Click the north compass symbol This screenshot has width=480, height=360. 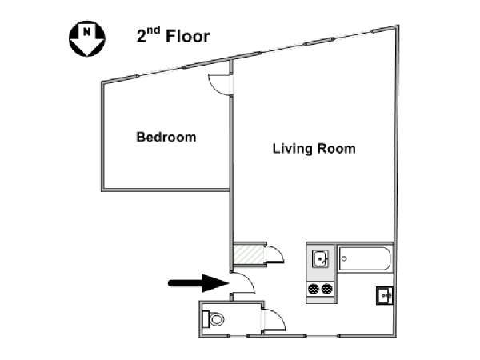point(87,38)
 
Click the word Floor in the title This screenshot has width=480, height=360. point(188,36)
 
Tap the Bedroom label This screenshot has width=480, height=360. point(166,137)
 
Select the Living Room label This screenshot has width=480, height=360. point(314,149)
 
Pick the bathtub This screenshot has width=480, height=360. point(365,258)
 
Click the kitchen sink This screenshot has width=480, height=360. point(320,258)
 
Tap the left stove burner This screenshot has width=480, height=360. point(314,289)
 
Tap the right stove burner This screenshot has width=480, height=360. point(327,289)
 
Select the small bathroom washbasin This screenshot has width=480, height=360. point(385,295)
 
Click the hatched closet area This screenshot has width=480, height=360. point(249,254)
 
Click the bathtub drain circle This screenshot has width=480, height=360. point(344,258)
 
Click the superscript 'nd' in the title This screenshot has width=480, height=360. point(153,30)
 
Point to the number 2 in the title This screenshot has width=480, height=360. point(141,37)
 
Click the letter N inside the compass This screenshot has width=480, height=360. point(87,31)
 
